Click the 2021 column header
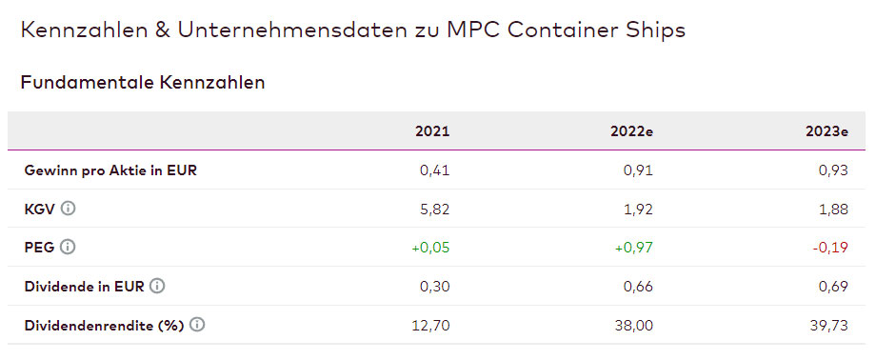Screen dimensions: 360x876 pyautogui.click(x=432, y=131)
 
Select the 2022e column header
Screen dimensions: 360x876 pyautogui.click(x=632, y=131)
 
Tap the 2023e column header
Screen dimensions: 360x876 pyautogui.click(x=826, y=131)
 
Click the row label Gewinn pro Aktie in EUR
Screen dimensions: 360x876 pyautogui.click(x=110, y=170)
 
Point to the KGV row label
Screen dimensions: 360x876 pyautogui.click(x=40, y=209)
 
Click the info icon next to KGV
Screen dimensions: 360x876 pyautogui.click(x=69, y=209)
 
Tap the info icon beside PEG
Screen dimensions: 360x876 pyautogui.click(x=68, y=248)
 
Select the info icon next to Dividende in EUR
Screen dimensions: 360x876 pyautogui.click(x=157, y=286)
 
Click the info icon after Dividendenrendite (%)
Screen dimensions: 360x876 pyautogui.click(x=197, y=325)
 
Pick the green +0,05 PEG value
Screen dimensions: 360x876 pyautogui.click(x=430, y=248)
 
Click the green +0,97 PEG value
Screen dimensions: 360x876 pyautogui.click(x=632, y=248)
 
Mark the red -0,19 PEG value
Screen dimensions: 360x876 pyautogui.click(x=828, y=248)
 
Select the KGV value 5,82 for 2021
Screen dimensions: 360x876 pyautogui.click(x=434, y=209)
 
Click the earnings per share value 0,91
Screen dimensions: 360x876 pyautogui.click(x=637, y=170)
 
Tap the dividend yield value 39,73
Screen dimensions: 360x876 pyautogui.click(x=827, y=325)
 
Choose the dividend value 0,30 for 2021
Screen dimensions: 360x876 pyautogui.click(x=434, y=286)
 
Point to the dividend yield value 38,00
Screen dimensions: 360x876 pyautogui.click(x=633, y=325)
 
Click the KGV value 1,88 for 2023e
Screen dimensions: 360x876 pyautogui.click(x=831, y=209)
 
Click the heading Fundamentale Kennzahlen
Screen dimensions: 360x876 pyautogui.click(x=143, y=83)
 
